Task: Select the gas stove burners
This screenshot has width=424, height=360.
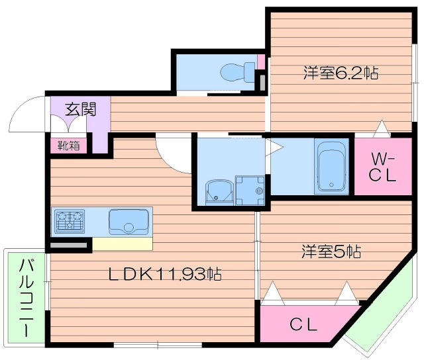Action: click(70, 220)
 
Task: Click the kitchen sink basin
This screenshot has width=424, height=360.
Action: click(129, 221)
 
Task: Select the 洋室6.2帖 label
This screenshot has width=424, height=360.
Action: click(340, 73)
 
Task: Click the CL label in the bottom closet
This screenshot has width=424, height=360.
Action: click(303, 326)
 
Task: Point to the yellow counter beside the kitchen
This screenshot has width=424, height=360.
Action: click(123, 244)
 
